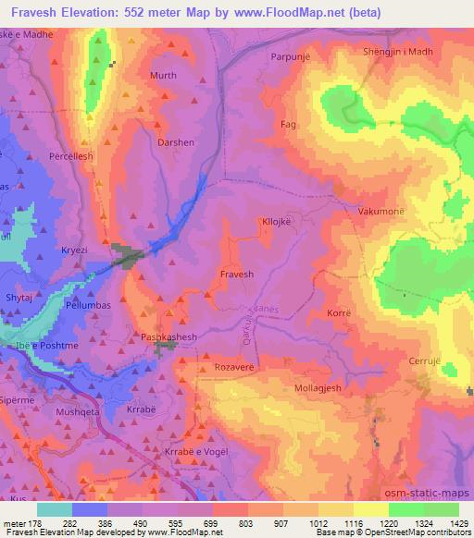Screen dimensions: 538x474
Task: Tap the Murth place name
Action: point(163,76)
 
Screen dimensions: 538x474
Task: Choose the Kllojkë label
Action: point(279,223)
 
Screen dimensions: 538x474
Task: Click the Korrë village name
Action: point(340,314)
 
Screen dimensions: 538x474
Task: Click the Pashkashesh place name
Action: point(167,338)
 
